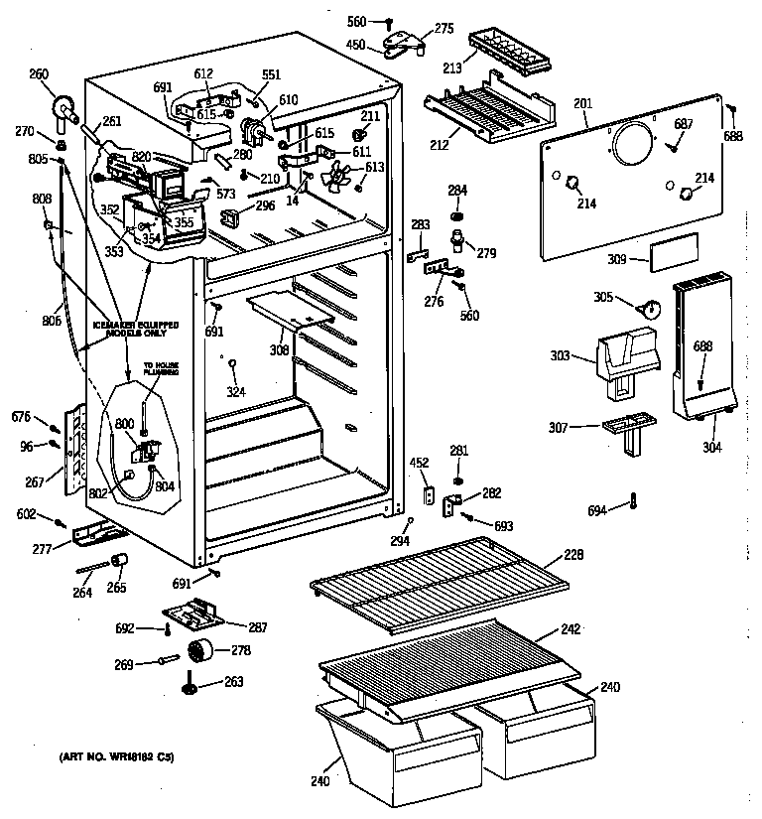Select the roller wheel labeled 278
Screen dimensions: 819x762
pos(200,653)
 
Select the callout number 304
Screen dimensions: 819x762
pos(711,447)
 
